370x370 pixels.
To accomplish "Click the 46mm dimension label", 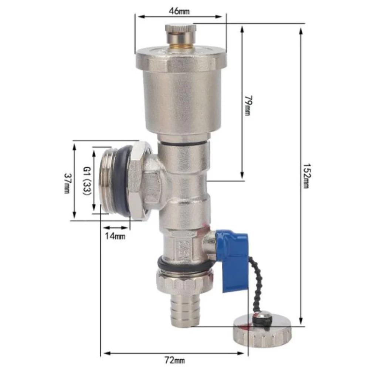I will (179, 11).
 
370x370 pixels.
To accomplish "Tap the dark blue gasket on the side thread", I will (123, 181).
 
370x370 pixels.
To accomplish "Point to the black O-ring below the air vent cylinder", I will (183, 143).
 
